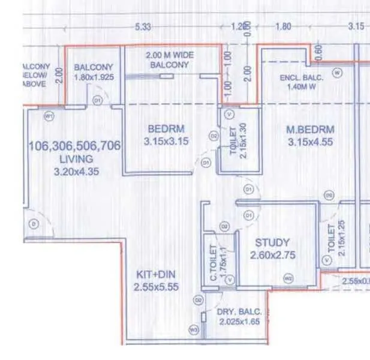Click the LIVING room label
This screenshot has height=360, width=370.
point(76,159)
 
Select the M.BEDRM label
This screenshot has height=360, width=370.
point(309,130)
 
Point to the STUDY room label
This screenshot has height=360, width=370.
point(272,242)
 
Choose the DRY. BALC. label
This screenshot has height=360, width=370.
point(241,311)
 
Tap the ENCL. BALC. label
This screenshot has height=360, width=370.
point(302,79)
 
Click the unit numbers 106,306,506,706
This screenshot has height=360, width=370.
point(75,146)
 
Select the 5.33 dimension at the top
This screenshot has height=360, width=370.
point(143,27)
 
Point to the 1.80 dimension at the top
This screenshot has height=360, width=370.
point(283,27)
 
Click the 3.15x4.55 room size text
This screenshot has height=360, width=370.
point(309,143)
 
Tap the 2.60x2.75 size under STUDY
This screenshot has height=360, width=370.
point(272,255)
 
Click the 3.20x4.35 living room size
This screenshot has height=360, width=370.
point(76,172)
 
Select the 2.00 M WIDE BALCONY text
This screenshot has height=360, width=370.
point(170,59)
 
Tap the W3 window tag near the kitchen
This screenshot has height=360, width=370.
point(193,329)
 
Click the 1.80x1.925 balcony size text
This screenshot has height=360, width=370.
point(94,77)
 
